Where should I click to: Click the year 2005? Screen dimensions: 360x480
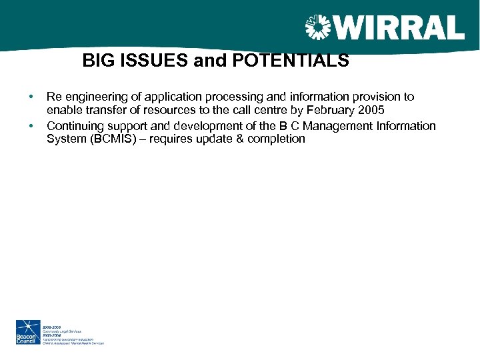[x=371, y=110]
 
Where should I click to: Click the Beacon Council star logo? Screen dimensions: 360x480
[x=28, y=332]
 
